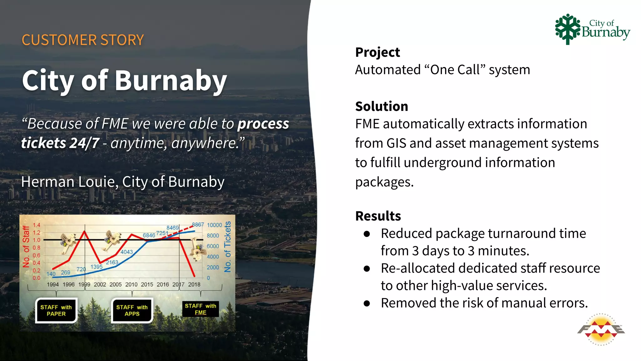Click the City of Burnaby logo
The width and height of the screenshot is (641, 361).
coord(592,29)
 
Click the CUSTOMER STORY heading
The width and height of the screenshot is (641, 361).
coord(83,40)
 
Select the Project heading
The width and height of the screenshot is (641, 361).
coord(377,52)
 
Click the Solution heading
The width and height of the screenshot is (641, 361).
coord(382,106)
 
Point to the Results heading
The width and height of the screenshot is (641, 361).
coord(378,216)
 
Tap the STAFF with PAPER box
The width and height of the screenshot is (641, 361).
coord(56,311)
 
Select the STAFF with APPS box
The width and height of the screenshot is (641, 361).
coord(132,311)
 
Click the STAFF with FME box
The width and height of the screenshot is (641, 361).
coord(200,309)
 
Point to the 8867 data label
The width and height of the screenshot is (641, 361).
coord(198,224)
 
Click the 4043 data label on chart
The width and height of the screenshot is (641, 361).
coord(127,252)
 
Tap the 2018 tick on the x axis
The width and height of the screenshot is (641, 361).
coord(194,285)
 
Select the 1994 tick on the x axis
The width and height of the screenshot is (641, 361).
coord(53,285)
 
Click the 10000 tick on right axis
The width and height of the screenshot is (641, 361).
coord(214,225)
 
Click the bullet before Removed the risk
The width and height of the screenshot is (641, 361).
coord(367,303)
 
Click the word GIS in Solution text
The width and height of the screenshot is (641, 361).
coord(397,143)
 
